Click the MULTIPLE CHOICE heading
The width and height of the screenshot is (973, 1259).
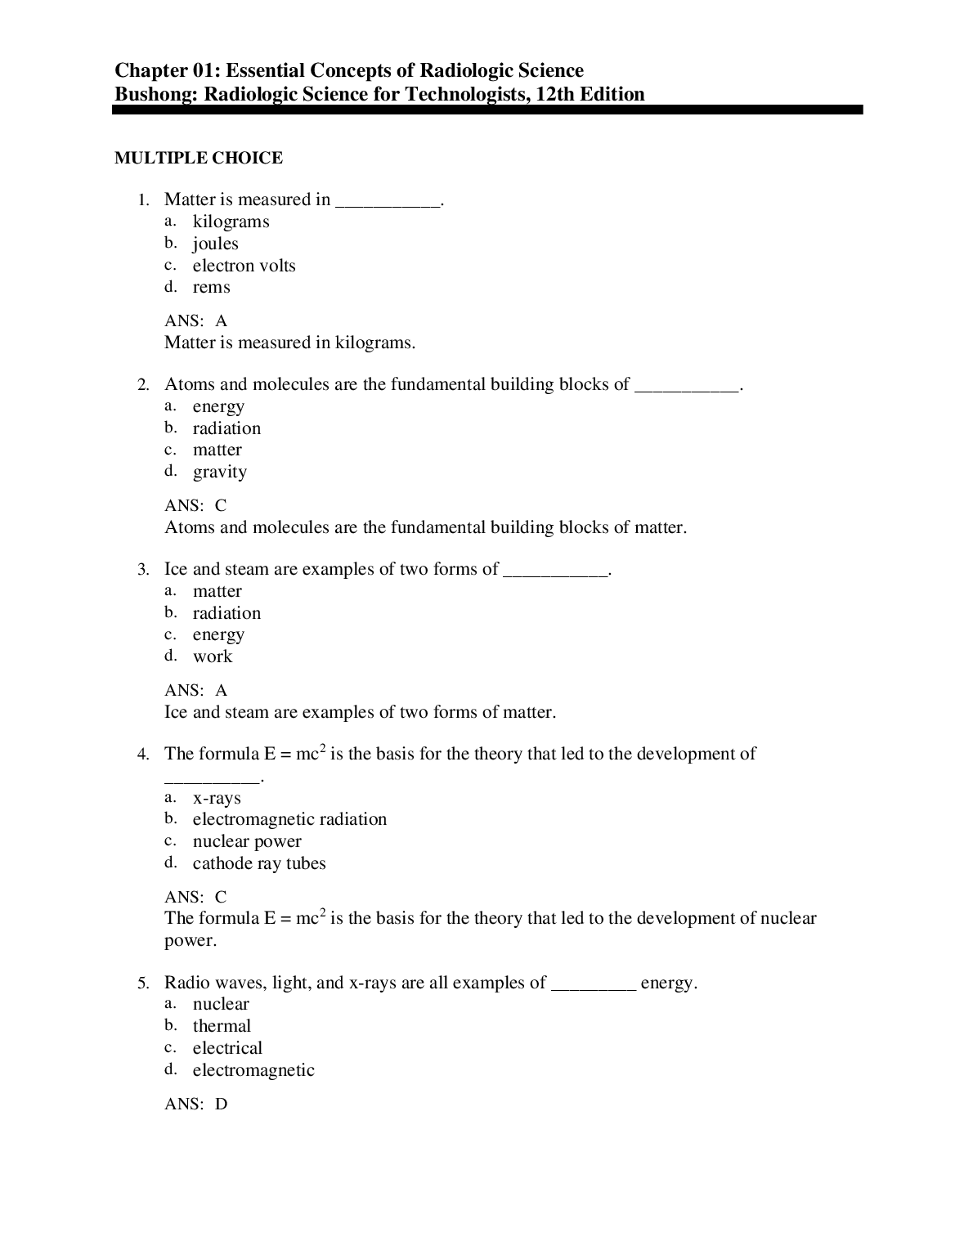pyautogui.click(x=199, y=158)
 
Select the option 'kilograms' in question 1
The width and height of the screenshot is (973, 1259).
pyautogui.click(x=231, y=222)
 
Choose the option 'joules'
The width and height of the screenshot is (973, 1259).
pyautogui.click(x=215, y=244)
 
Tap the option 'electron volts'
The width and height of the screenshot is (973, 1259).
pyautogui.click(x=244, y=266)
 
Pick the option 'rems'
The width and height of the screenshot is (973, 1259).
pyautogui.click(x=211, y=287)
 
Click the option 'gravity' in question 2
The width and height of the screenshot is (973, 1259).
pyautogui.click(x=219, y=472)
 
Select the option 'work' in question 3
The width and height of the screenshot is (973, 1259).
pyautogui.click(x=213, y=656)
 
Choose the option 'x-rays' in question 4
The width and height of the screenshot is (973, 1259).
pyautogui.click(x=217, y=798)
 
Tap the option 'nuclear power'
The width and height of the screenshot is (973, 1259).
pyautogui.click(x=247, y=841)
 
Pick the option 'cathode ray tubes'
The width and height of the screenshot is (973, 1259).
pyautogui.click(x=259, y=863)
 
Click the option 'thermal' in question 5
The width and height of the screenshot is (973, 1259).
pyautogui.click(x=222, y=1026)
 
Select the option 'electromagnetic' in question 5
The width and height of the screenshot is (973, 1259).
pyautogui.click(x=253, y=1070)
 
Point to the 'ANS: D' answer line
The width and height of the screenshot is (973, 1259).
pyautogui.click(x=196, y=1104)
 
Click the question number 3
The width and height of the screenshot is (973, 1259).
pyautogui.click(x=142, y=570)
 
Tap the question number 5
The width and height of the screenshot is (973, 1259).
pyautogui.click(x=142, y=983)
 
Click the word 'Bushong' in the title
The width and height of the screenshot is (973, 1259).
pyautogui.click(x=155, y=94)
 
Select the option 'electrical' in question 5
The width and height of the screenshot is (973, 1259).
pyautogui.click(x=227, y=1048)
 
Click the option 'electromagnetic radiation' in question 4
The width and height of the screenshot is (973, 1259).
pyautogui.click(x=289, y=819)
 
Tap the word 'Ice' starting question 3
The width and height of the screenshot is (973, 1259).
pyautogui.click(x=176, y=569)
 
